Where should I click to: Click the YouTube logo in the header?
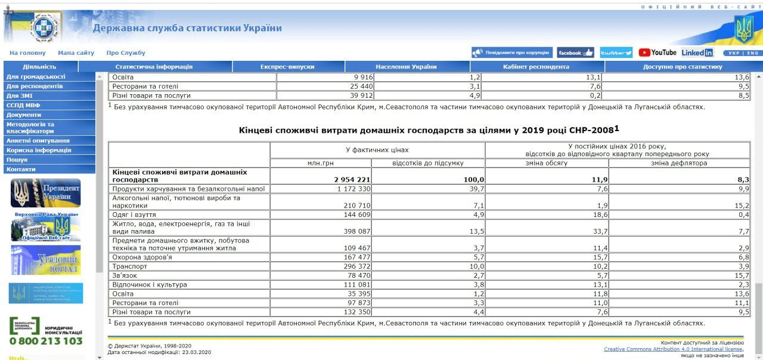(x=657, y=52)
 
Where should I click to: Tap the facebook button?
(x=575, y=52)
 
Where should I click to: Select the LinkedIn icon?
(x=697, y=52)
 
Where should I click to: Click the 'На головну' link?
(x=27, y=53)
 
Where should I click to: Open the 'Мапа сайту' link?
(x=76, y=53)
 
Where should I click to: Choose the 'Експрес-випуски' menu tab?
(x=287, y=67)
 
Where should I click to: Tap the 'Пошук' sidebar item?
(x=17, y=160)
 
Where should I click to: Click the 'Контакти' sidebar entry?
(x=21, y=169)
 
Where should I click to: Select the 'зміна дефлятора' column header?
(x=678, y=163)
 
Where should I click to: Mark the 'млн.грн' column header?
(x=320, y=163)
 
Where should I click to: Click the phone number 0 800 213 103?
(x=46, y=341)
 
